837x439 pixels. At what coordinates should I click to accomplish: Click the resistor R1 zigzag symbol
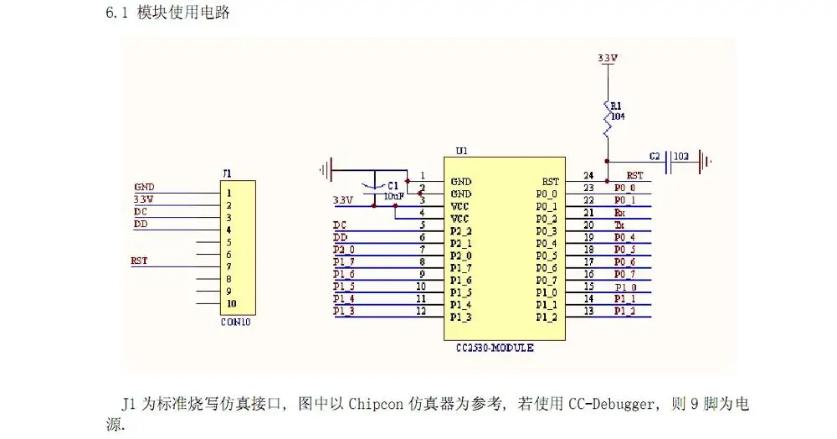[607, 121]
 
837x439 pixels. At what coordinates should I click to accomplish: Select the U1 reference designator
[461, 152]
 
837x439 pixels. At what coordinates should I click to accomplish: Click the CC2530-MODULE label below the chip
[495, 348]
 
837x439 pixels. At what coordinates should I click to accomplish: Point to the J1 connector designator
[226, 173]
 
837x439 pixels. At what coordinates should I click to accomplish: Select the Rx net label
[620, 213]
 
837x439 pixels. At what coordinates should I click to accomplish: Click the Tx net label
[620, 225]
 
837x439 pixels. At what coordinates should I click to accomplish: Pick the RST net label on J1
[139, 261]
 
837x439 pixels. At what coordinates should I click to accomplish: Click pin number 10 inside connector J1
[231, 303]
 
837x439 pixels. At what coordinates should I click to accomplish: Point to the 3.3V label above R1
[608, 59]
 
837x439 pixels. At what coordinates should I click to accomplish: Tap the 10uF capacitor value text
[393, 195]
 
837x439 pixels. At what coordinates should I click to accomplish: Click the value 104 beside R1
[618, 116]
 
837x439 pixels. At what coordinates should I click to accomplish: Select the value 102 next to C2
[681, 156]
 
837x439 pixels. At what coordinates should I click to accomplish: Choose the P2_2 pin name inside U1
[461, 230]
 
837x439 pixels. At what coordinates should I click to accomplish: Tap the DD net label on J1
[140, 225]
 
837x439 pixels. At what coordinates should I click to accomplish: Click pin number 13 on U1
[588, 312]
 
